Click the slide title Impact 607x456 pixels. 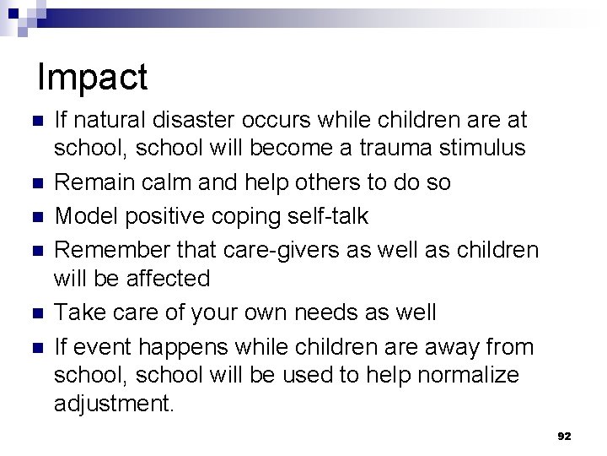(93, 78)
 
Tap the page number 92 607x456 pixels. (564, 437)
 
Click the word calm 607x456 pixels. (176, 182)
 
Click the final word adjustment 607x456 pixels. (114, 404)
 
